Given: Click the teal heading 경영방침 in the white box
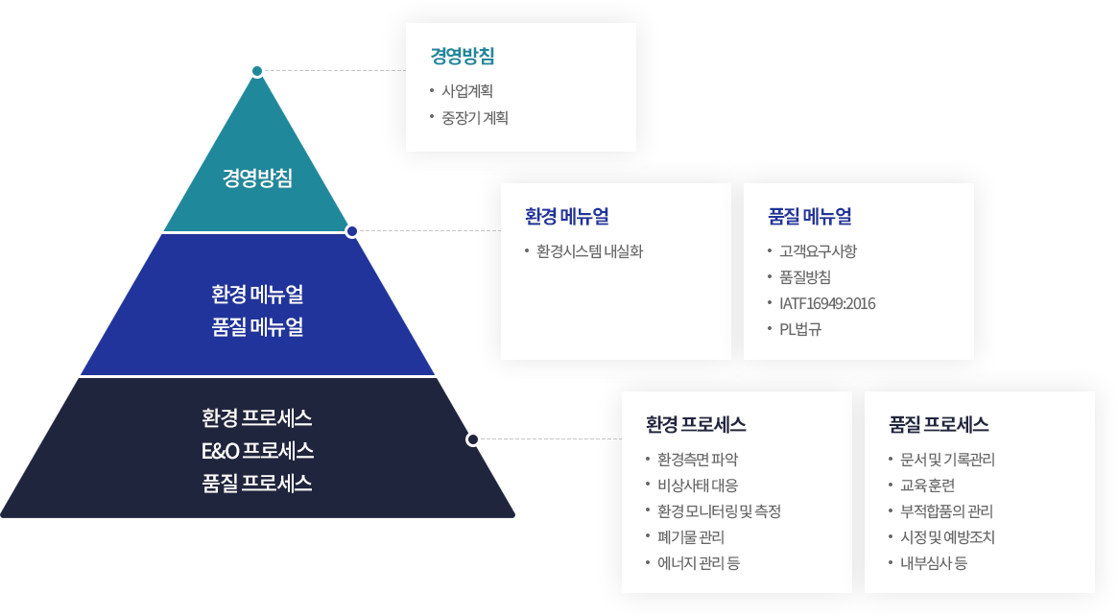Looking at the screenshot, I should click(x=463, y=56).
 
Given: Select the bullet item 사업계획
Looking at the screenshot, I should click(x=467, y=92).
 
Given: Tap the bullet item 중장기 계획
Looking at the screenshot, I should click(x=475, y=118).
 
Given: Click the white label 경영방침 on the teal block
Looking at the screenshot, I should click(x=257, y=178).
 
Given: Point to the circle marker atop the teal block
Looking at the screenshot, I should click(x=256, y=70).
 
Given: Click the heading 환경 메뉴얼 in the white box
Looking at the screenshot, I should click(x=566, y=216).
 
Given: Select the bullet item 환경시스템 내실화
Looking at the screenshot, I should click(x=589, y=252).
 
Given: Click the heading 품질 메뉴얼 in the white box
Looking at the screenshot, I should click(x=810, y=216).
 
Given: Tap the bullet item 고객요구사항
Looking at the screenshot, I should click(x=818, y=252).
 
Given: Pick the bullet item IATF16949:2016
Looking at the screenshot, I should click(x=827, y=304).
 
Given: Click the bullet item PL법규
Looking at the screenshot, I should click(x=800, y=330).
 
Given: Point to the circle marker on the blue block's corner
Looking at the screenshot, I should click(x=352, y=230).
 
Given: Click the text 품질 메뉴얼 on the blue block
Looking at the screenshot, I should click(x=257, y=327).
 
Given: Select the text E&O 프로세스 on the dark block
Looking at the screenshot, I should click(x=257, y=450).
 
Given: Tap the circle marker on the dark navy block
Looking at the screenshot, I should click(x=473, y=438).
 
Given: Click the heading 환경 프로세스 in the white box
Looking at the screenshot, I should click(x=696, y=424).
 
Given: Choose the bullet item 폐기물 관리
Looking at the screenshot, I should click(x=691, y=537).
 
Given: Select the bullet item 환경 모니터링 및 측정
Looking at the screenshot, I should click(x=719, y=511).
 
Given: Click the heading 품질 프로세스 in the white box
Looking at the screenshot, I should click(x=939, y=424).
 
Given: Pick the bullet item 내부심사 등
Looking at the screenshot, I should click(x=933, y=563).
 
